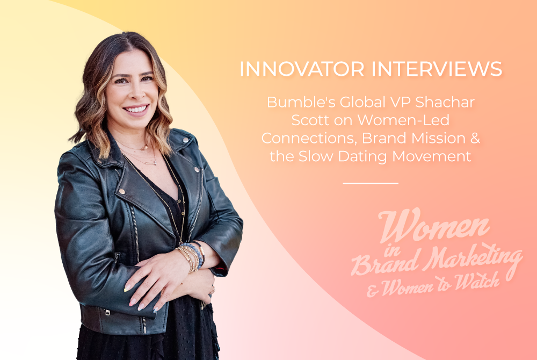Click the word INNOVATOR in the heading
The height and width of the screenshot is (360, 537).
click(x=302, y=69)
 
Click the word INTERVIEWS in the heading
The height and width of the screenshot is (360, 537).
click(x=437, y=69)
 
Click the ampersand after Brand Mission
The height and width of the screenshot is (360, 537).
click(x=475, y=138)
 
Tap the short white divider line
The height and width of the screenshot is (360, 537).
click(x=371, y=183)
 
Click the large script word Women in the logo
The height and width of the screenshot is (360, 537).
click(x=434, y=225)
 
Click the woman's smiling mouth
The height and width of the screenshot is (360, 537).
click(x=136, y=110)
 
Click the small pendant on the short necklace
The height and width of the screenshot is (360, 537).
click(x=145, y=148)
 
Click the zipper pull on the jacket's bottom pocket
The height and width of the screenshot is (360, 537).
click(x=107, y=312)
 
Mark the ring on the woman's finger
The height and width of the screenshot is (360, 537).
click(x=212, y=290)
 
